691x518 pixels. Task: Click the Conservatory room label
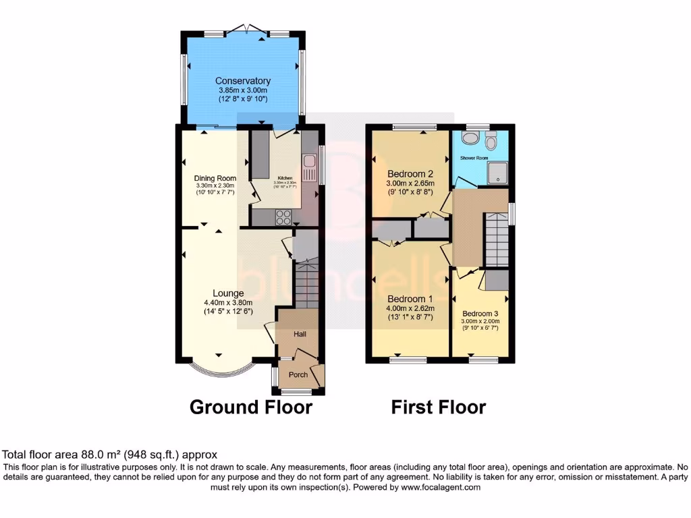coord(243,81)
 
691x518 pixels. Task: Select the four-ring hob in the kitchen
coord(283,217)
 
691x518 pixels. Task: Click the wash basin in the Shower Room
coord(467,138)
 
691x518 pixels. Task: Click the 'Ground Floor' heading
coord(250,407)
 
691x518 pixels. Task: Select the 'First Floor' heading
coord(438,407)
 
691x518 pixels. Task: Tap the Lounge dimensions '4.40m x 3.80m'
coord(229,303)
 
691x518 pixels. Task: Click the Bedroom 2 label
coord(410,173)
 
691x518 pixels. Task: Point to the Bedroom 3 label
coord(480,314)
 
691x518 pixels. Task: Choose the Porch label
coord(298,375)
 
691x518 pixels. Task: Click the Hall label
coord(300,334)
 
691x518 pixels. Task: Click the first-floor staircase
coord(496,239)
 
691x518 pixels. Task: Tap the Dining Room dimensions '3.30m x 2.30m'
coord(215,186)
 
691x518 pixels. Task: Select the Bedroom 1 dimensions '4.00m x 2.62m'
coord(410,308)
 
